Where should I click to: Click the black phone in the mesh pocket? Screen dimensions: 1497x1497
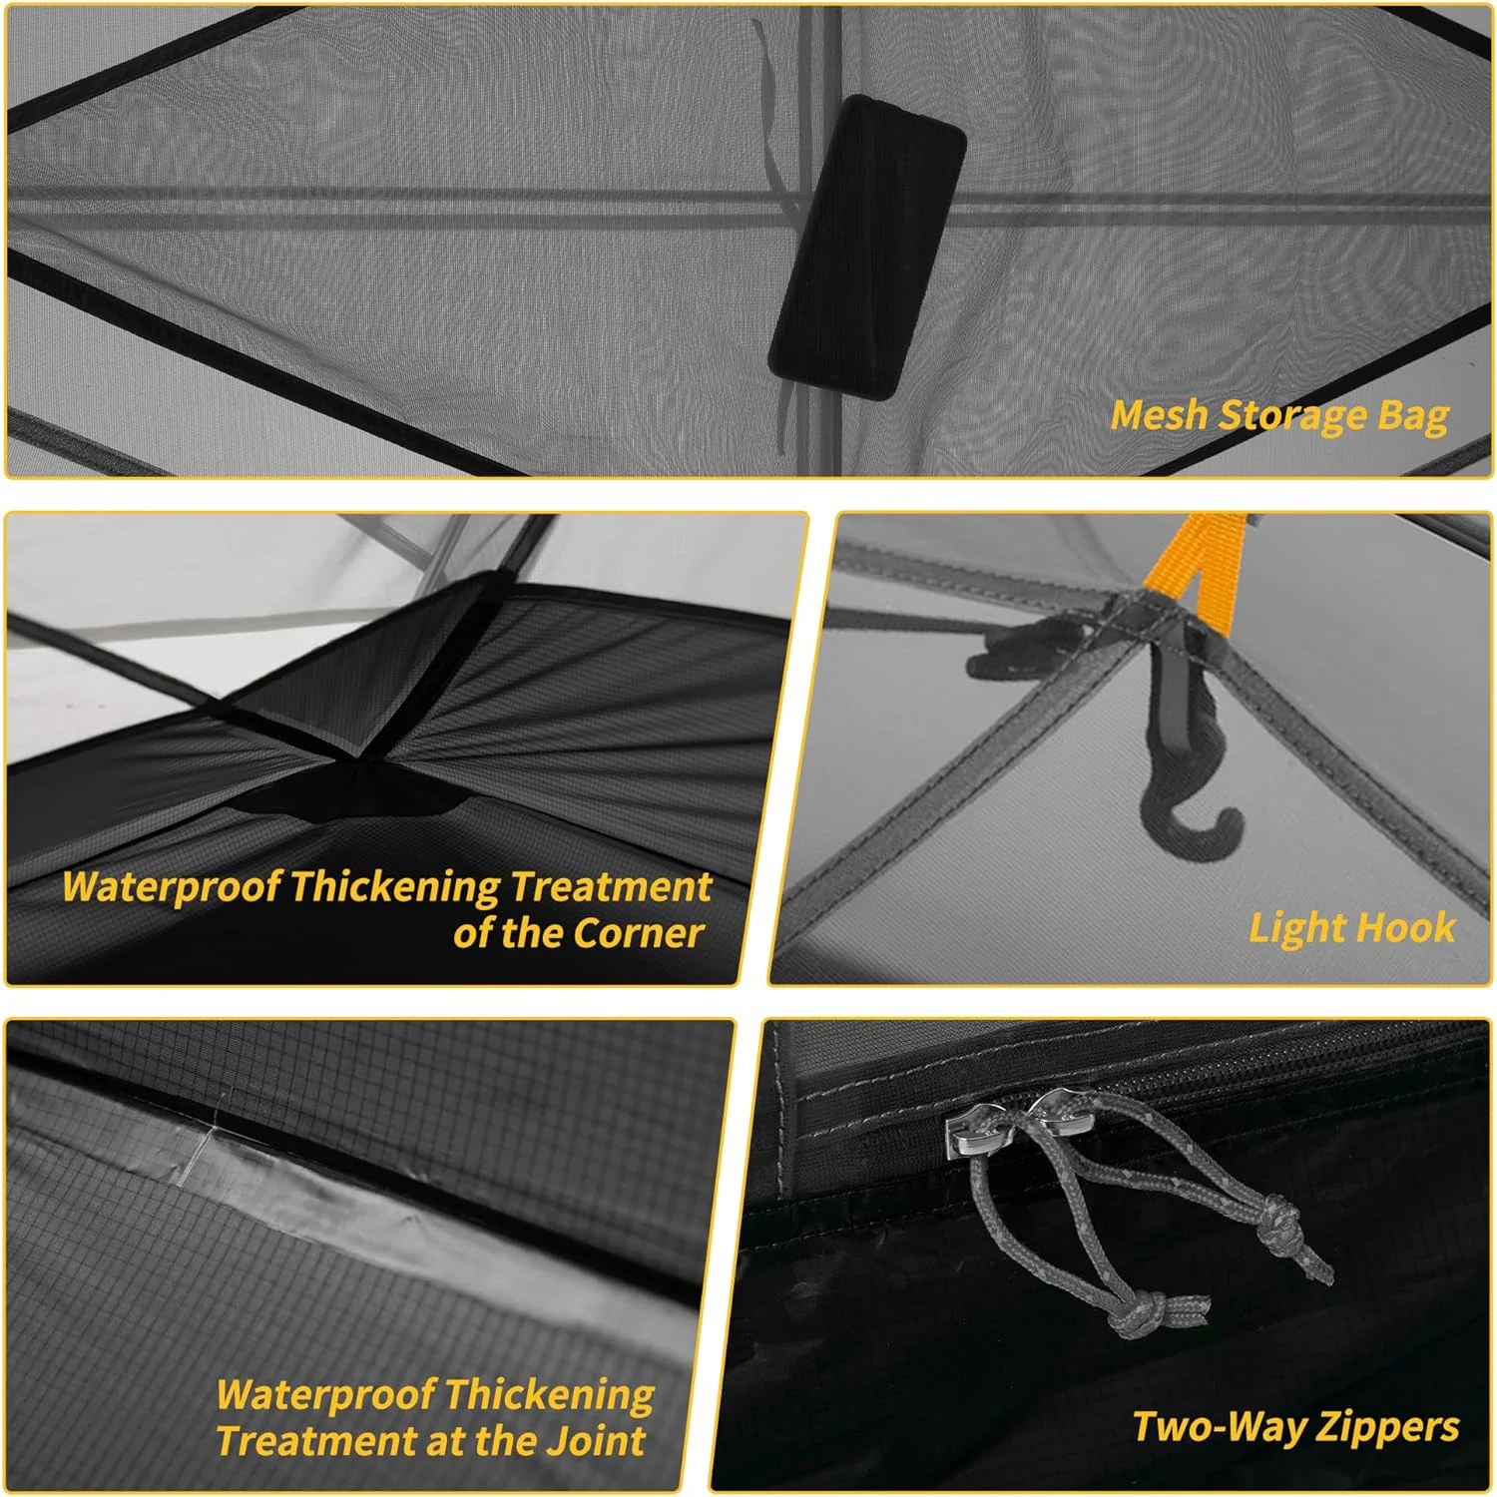866,248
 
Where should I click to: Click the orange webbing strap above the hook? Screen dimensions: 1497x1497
1195,565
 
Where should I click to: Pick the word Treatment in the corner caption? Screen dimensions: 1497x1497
611,886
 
